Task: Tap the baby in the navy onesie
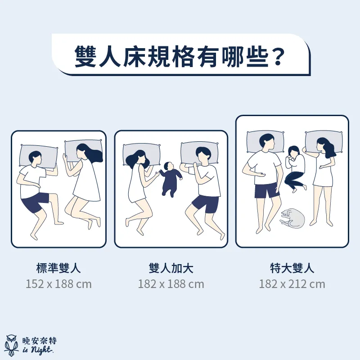[x=171, y=179]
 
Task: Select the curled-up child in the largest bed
[x=295, y=169]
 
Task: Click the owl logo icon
[x=12, y=345]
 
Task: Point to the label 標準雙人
[x=58, y=268]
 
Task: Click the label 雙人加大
[x=171, y=268]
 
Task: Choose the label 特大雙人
[x=292, y=268]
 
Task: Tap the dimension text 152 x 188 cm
[x=58, y=284]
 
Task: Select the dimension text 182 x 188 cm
[x=171, y=284]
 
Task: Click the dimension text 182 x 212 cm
[x=292, y=284]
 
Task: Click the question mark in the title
[x=278, y=57]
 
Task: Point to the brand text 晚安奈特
[x=40, y=341]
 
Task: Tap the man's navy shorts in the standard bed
[x=35, y=202]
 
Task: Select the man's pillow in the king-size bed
[x=265, y=142]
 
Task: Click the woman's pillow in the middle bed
[x=141, y=154]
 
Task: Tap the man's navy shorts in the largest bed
[x=267, y=190]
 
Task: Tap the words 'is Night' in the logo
[x=38, y=351]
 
